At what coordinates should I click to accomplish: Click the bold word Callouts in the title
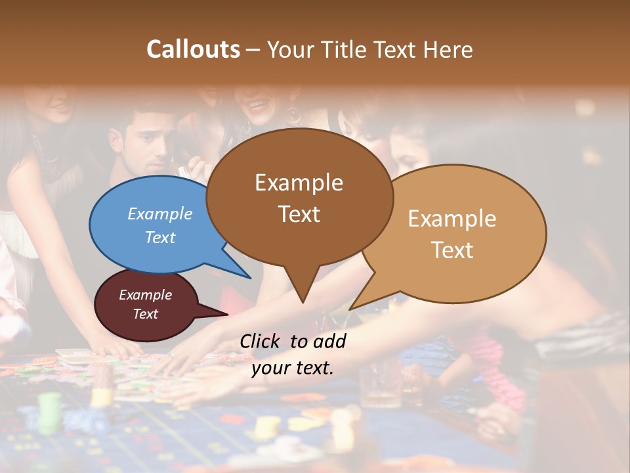[x=193, y=49]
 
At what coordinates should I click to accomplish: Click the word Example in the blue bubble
[x=159, y=214]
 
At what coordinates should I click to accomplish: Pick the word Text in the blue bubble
[x=159, y=237]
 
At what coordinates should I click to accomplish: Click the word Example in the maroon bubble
[x=145, y=295]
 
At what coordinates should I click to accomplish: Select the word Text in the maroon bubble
[x=145, y=314]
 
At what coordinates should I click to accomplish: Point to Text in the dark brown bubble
[x=299, y=214]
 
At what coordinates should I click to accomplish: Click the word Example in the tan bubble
[x=452, y=218]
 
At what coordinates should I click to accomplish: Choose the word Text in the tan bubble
[x=452, y=250]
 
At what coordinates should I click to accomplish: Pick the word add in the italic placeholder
[x=329, y=341]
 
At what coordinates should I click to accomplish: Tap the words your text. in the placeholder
[x=292, y=368]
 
